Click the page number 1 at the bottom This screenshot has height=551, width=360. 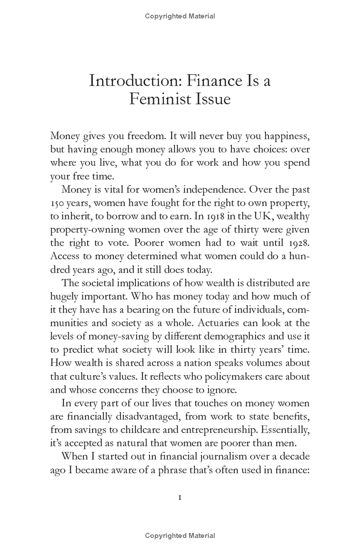pyautogui.click(x=180, y=497)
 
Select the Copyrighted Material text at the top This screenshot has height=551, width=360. pyautogui.click(x=180, y=17)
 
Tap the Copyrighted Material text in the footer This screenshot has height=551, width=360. pyautogui.click(x=180, y=536)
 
